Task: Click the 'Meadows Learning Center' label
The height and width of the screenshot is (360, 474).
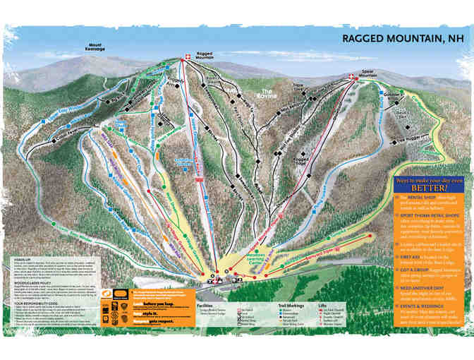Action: pyautogui.click(x=243, y=257)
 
